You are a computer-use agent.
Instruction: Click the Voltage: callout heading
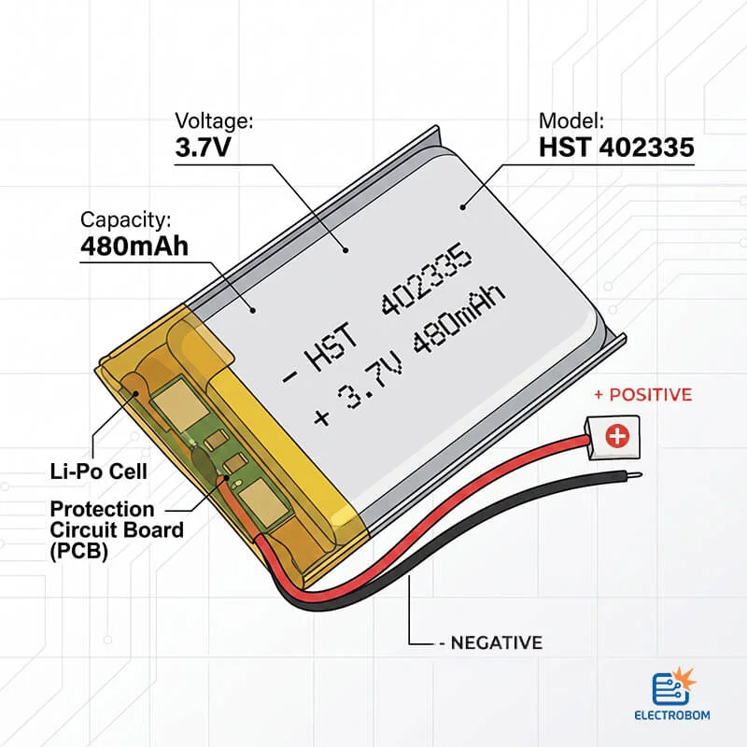tap(215, 121)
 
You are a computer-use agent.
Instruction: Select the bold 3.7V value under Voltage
tap(203, 147)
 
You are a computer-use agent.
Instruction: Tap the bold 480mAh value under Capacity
tap(134, 247)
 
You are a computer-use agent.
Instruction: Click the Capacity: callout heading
tap(125, 220)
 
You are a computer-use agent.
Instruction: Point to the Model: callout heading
tap(571, 121)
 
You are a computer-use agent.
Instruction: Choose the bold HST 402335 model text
tap(616, 148)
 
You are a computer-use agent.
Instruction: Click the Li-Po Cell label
tap(99, 472)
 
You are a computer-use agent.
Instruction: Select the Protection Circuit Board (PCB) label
tap(117, 529)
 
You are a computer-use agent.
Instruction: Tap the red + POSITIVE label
tap(643, 394)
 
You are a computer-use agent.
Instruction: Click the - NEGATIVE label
tap(491, 642)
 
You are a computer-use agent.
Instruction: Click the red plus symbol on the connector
tap(617, 436)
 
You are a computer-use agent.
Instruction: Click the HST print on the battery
tap(331, 348)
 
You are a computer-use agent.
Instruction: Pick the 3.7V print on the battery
tap(370, 381)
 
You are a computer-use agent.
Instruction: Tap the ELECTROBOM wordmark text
tap(672, 715)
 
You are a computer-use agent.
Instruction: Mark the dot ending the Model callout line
tap(462, 206)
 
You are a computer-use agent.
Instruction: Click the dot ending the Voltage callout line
tap(345, 250)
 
